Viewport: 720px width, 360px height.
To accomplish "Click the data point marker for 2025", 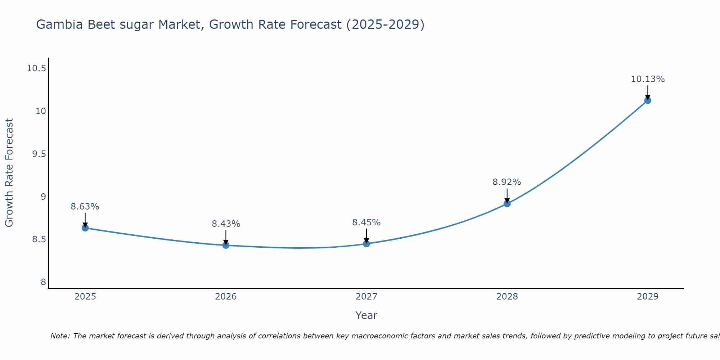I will click(85, 228).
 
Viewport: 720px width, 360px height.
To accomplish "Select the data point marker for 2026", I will click(226, 245).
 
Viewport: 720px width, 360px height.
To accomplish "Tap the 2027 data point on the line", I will click(366, 244).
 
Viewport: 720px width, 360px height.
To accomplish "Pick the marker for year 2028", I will click(507, 203).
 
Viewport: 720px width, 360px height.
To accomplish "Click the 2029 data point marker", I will click(648, 100).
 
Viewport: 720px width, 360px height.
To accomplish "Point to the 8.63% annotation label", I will click(85, 207).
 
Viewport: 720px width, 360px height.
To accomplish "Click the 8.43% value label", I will click(226, 224).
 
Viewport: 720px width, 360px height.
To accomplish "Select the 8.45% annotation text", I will click(366, 222).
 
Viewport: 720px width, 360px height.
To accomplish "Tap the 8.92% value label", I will click(507, 182).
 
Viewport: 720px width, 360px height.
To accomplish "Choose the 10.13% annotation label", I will click(648, 79).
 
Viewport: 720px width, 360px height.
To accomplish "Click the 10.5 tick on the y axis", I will click(36, 68).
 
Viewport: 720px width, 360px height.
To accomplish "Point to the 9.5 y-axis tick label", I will click(39, 154).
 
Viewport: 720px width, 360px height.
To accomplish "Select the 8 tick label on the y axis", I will click(44, 282).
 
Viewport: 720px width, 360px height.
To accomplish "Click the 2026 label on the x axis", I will click(226, 297).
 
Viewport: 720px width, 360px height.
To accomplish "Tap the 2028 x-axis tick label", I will click(507, 297).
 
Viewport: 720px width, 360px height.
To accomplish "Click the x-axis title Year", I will click(366, 315).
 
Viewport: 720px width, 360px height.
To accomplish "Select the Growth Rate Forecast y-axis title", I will click(9, 173).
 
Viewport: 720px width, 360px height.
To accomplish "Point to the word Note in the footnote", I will click(60, 336).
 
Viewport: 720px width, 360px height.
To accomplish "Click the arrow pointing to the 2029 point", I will click(648, 92).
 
